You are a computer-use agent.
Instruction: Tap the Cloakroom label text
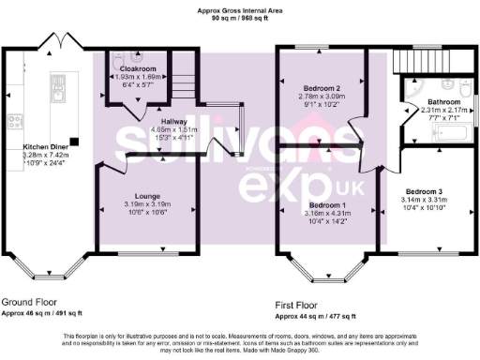coord(137,68)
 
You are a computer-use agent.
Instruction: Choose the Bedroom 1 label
coord(328,205)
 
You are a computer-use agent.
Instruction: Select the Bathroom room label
coord(443,101)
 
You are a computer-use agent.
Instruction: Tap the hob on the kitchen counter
coord(14,121)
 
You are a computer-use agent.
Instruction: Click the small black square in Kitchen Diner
coord(73,142)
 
